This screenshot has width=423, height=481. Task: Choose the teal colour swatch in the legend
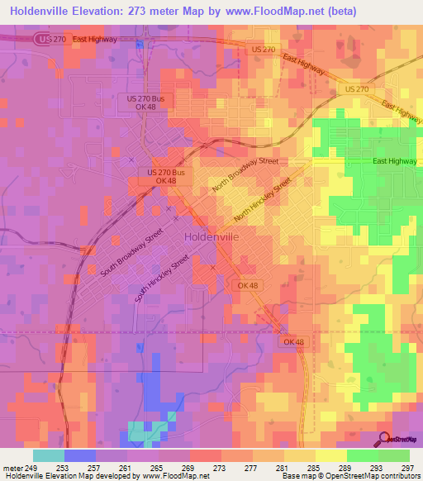pyautogui.click(x=49, y=455)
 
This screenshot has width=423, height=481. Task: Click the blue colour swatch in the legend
pyautogui.click(x=80, y=455)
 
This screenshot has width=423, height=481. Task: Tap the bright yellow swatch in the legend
pyautogui.click(x=331, y=455)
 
